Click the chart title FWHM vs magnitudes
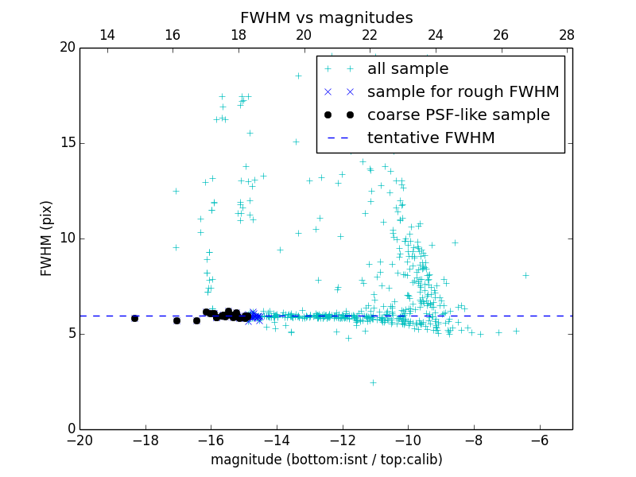(x=326, y=17)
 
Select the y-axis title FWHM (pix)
(x=47, y=238)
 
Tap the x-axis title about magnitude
(x=326, y=460)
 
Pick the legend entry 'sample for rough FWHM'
(x=463, y=92)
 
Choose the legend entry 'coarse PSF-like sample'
(x=458, y=115)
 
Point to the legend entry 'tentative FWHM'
(x=431, y=138)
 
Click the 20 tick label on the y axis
(x=66, y=48)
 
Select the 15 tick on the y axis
(x=66, y=143)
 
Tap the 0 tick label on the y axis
(x=70, y=429)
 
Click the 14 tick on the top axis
(x=107, y=35)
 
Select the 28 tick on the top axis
(x=567, y=35)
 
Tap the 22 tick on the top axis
(x=370, y=35)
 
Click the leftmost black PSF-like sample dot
(x=134, y=318)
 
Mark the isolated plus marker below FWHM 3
(x=373, y=382)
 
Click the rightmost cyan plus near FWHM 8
(x=525, y=275)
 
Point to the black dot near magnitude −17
(x=176, y=320)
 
